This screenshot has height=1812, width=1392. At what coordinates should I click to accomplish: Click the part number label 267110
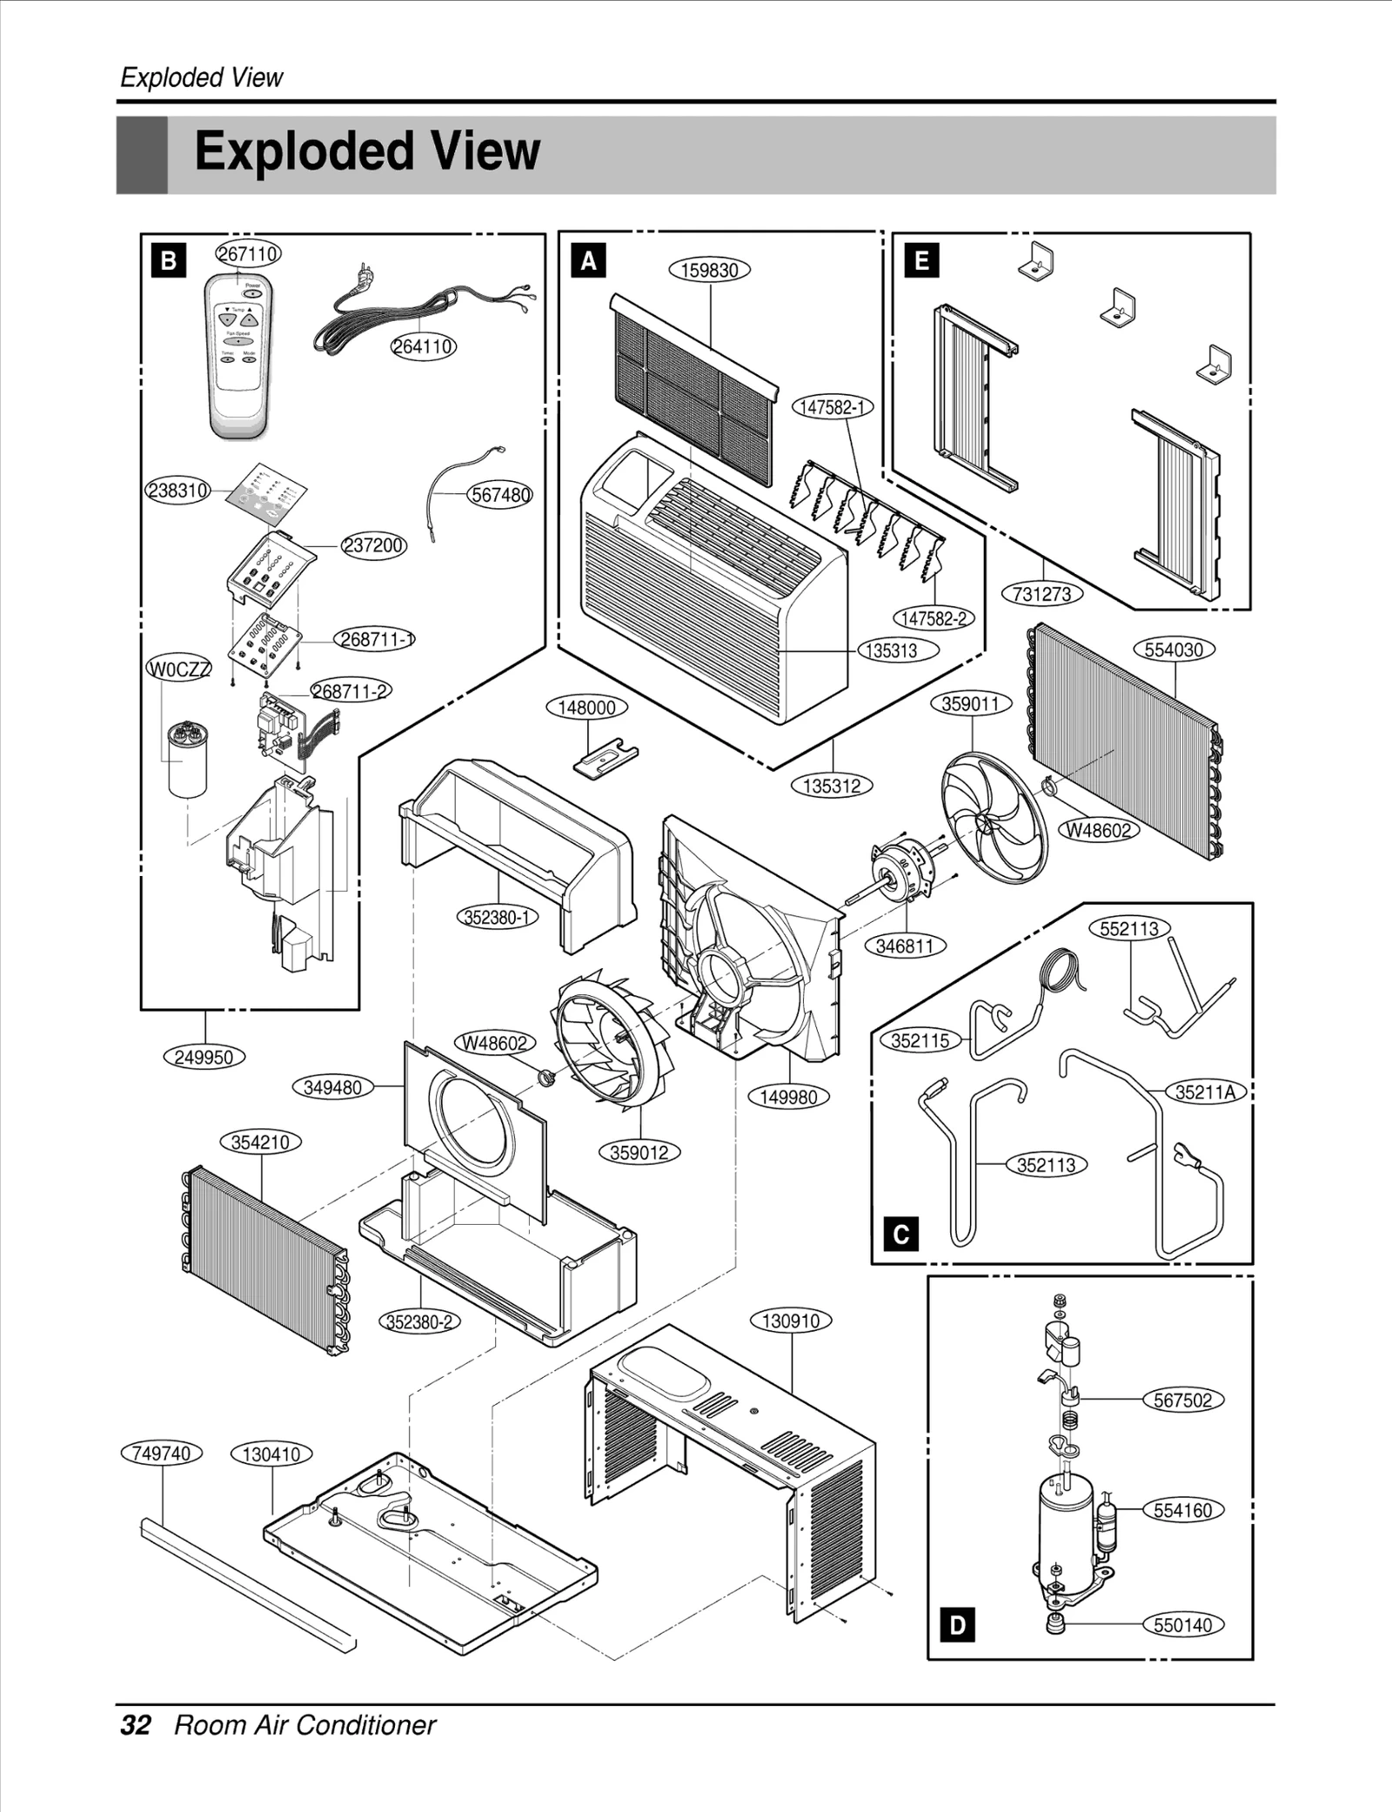coord(248,254)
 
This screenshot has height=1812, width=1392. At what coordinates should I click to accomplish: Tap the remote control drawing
coord(238,357)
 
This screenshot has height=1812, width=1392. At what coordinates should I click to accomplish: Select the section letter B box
coord(168,260)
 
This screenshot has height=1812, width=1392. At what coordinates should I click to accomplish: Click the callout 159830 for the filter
coord(709,270)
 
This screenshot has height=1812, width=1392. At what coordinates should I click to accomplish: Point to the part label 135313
coord(898,651)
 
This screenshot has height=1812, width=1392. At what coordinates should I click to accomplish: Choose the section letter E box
coord(921,260)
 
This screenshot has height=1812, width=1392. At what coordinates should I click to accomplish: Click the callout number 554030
coord(1174,650)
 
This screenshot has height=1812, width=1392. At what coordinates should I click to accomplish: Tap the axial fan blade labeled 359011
coord(994,818)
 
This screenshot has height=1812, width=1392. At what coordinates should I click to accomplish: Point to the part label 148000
coord(586,707)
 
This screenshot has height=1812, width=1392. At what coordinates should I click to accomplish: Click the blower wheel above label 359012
coord(609,1040)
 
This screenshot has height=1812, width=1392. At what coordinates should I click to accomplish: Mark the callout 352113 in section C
coord(1047,1165)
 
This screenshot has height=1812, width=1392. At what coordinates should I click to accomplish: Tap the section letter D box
coord(957,1625)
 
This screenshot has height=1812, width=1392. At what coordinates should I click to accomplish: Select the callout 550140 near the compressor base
coord(1182,1625)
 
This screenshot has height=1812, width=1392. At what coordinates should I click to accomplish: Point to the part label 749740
coord(162,1454)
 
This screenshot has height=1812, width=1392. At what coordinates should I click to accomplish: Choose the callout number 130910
coord(791,1321)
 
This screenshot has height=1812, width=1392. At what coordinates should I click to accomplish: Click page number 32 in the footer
coord(136,1725)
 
